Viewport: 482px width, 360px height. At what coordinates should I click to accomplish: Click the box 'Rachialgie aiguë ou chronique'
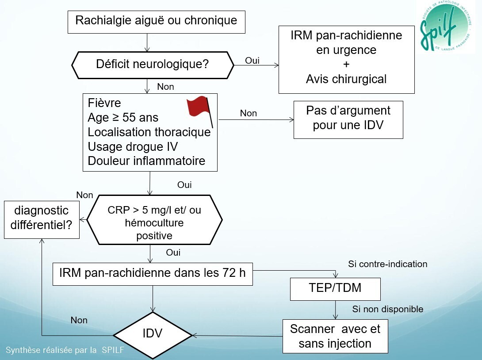tap(156, 21)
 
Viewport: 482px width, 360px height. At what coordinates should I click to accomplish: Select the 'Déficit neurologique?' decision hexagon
tap(152, 64)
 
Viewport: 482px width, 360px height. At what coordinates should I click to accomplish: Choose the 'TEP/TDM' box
tap(335, 288)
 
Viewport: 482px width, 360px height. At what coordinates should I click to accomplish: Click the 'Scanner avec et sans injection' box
tap(335, 336)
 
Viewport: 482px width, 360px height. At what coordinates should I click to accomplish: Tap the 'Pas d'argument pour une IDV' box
tap(348, 118)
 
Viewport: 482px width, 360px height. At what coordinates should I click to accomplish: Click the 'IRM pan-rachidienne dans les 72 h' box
tap(153, 273)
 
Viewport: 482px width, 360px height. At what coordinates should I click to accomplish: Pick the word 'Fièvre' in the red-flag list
tap(104, 103)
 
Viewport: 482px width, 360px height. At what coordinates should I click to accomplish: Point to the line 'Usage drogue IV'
tap(134, 146)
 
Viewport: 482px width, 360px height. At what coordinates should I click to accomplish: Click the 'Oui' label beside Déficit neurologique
tap(252, 61)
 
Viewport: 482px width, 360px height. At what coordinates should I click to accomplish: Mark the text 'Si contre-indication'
tap(387, 264)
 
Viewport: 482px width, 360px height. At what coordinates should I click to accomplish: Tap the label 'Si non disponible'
tap(387, 309)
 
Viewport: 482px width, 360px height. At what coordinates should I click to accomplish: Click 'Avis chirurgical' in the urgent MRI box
tap(346, 79)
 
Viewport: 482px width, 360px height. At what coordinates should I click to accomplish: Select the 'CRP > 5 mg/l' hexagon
tap(154, 220)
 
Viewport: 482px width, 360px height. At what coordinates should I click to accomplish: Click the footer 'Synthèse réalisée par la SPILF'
tap(65, 350)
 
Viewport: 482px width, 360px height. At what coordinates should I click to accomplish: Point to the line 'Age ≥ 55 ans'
tap(123, 118)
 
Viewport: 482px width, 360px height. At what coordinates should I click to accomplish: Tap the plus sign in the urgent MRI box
tap(346, 65)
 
